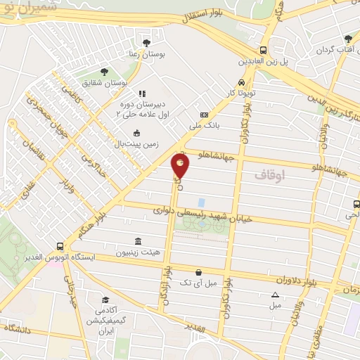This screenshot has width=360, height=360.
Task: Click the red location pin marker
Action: (x=181, y=165)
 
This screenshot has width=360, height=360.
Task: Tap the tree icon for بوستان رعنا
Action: (x=146, y=43)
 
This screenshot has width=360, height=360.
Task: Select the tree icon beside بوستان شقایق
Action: (x=104, y=72)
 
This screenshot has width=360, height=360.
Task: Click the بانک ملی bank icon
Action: (x=205, y=115)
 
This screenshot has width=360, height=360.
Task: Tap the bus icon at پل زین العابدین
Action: (x=262, y=50)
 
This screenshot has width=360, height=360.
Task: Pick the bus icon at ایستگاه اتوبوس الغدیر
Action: (x=61, y=247)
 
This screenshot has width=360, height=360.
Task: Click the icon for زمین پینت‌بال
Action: (x=136, y=133)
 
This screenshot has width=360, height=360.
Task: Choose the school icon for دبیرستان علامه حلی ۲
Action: (x=141, y=94)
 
